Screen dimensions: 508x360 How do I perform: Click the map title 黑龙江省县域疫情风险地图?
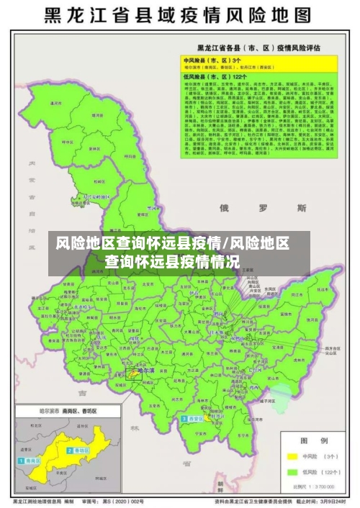tap(179, 15)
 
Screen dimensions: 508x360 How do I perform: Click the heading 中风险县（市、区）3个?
tap(214, 60)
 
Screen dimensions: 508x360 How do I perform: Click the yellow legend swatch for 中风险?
tap(293, 456)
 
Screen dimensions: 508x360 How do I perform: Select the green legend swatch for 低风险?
tap(293, 472)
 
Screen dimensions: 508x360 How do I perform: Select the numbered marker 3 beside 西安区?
tap(184, 419)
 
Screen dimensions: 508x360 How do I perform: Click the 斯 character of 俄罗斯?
tap(301, 208)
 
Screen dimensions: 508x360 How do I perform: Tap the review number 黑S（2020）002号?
tap(127, 501)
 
